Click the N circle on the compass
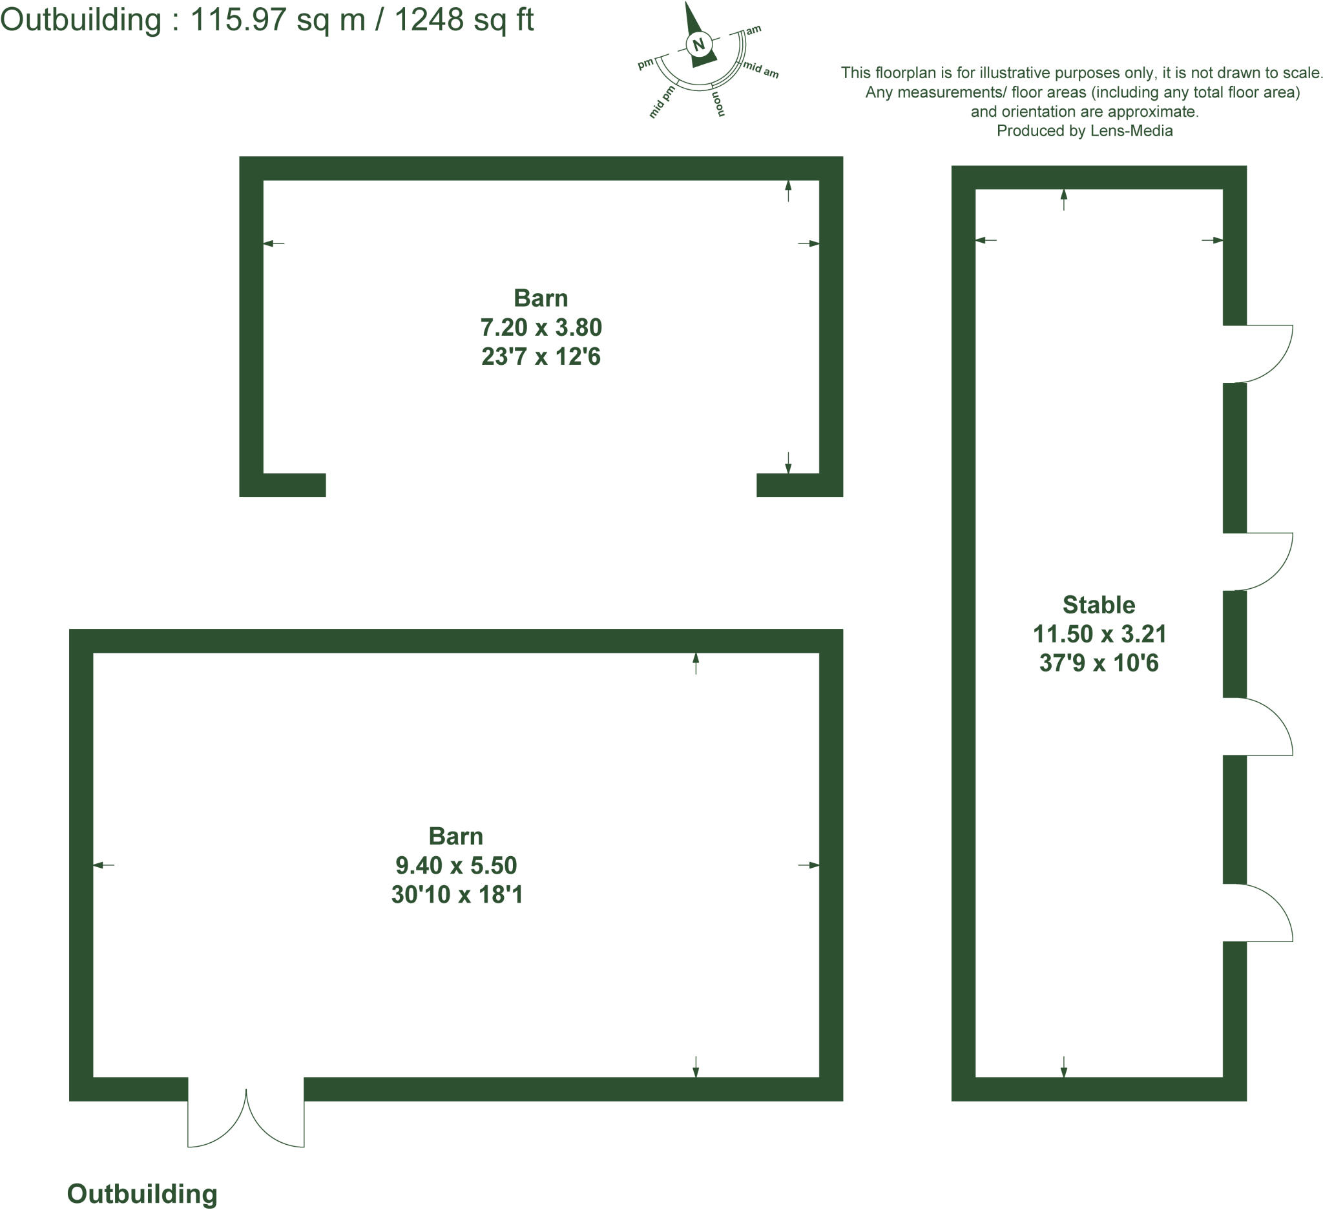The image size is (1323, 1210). pos(698,44)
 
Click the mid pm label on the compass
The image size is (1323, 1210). pos(663,101)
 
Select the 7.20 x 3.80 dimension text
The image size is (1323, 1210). pos(541,327)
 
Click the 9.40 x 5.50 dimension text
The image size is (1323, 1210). pos(456,865)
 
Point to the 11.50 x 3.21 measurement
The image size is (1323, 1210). pos(1099,633)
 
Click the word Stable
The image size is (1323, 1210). pos(1099,604)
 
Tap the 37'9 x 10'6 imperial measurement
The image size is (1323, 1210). pos(1099,663)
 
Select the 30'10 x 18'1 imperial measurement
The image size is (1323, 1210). pos(457,894)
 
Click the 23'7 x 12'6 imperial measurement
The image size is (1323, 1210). pos(541,356)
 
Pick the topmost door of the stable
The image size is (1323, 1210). pos(1255,353)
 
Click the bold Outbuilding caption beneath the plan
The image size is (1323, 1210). pos(141,1194)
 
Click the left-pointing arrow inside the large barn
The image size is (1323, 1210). pos(104,865)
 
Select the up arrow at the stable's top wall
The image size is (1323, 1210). pos(1064,200)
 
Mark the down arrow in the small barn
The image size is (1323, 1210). pos(788,463)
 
